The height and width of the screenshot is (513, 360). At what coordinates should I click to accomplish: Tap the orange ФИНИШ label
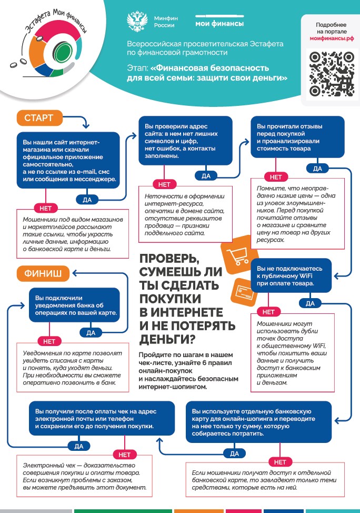[43, 273]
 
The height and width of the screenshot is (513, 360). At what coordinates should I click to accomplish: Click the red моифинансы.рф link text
[332, 39]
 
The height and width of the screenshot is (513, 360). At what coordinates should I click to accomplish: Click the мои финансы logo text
[219, 23]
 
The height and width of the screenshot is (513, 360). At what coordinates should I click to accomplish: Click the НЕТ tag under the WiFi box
[268, 312]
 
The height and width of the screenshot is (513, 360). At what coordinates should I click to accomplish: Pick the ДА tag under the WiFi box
[310, 303]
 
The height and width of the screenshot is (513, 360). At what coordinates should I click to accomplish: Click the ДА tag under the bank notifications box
[91, 332]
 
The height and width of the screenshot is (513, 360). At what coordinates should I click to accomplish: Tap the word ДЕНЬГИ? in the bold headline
[166, 338]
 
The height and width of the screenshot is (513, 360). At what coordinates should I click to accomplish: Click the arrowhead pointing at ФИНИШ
[75, 273]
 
